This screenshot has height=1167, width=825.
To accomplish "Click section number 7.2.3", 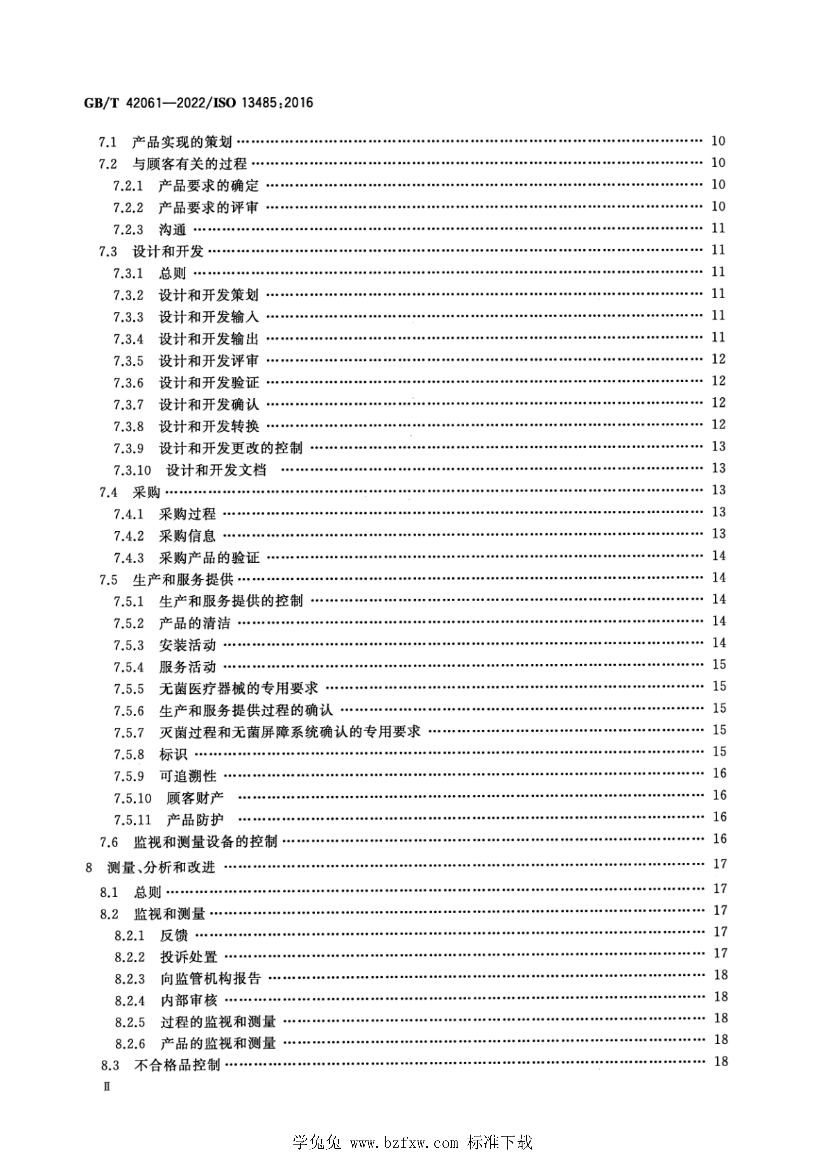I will click(129, 230).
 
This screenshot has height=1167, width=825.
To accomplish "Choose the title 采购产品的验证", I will click(209, 558).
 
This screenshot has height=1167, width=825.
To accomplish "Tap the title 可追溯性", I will click(187, 776).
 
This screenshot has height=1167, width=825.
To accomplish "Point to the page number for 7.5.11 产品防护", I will click(719, 817).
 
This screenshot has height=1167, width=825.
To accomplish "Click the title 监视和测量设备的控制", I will click(205, 842).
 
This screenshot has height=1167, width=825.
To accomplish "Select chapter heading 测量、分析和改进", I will click(161, 867).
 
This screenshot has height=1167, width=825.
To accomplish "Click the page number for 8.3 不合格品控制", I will click(720, 1061).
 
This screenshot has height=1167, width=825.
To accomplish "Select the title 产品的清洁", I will click(194, 623).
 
